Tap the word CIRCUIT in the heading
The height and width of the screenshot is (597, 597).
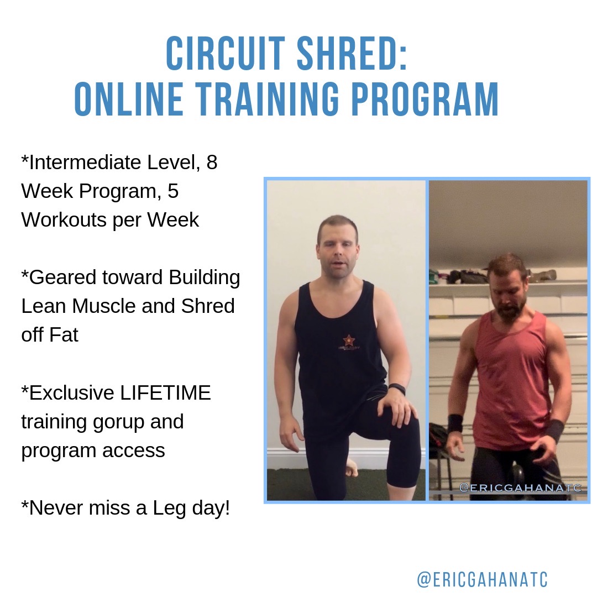226,54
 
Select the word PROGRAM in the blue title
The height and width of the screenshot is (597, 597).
425,99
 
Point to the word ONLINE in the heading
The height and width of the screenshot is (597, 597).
129,99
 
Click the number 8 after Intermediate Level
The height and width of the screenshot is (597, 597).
212,162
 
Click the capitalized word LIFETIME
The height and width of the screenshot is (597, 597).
165,393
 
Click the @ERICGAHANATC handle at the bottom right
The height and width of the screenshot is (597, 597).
483,579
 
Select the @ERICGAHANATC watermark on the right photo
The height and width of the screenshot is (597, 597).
520,488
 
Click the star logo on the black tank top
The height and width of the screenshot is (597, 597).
348,339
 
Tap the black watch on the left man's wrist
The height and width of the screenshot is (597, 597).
397,390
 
